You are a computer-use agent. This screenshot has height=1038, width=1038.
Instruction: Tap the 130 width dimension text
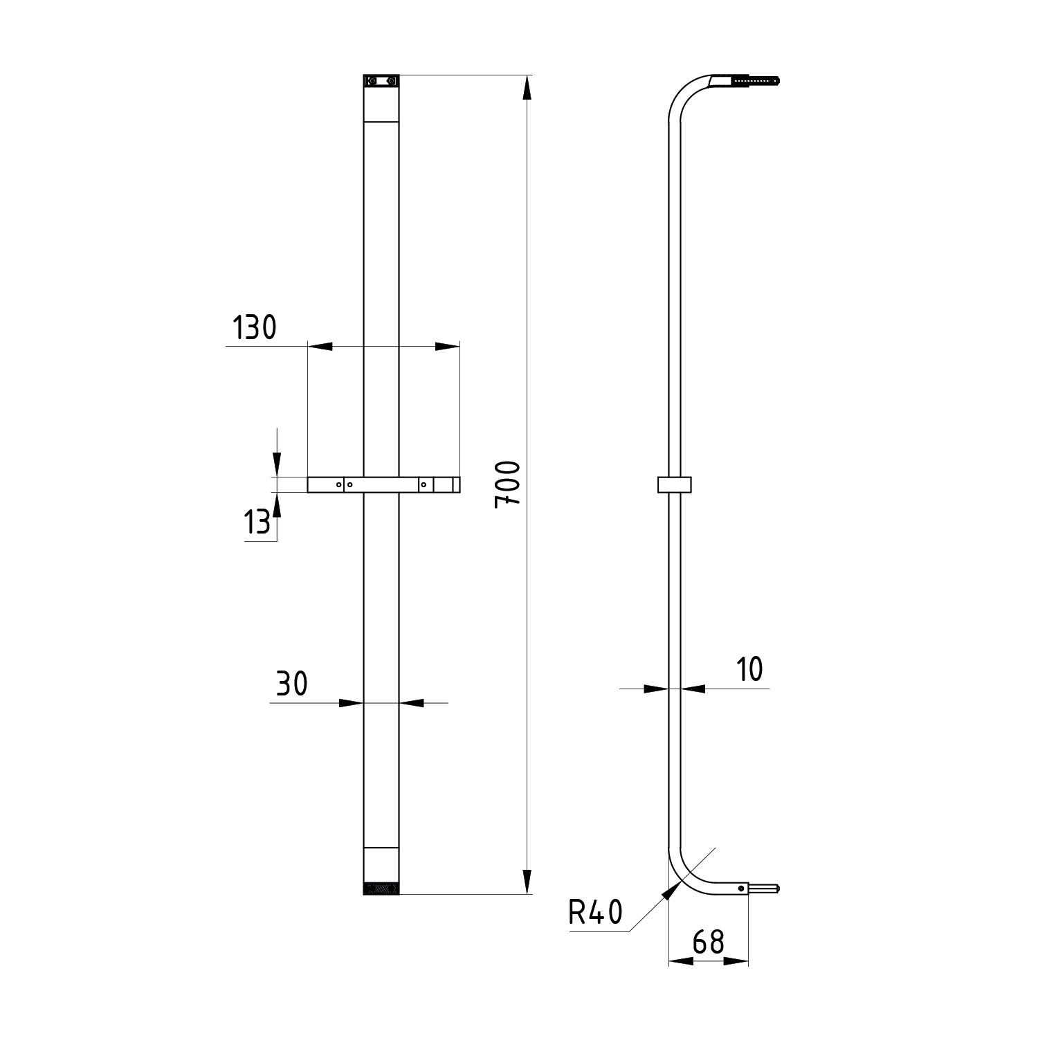[253, 328]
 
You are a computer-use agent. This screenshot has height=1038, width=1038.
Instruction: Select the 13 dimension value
[257, 522]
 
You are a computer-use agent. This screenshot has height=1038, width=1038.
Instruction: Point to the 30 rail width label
[291, 684]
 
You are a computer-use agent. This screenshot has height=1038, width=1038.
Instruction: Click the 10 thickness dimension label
[749, 669]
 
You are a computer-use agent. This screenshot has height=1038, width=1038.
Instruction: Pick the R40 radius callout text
[595, 913]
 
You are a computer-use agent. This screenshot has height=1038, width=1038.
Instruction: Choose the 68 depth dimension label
[708, 942]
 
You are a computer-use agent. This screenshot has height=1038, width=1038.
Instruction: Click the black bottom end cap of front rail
[381, 888]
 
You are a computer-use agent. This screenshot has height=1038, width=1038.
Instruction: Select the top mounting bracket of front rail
[381, 82]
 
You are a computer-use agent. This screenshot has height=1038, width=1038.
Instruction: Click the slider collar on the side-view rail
[675, 484]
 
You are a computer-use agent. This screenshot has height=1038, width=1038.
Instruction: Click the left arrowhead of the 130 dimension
[320, 346]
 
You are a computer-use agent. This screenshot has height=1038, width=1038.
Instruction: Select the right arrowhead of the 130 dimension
[447, 346]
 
